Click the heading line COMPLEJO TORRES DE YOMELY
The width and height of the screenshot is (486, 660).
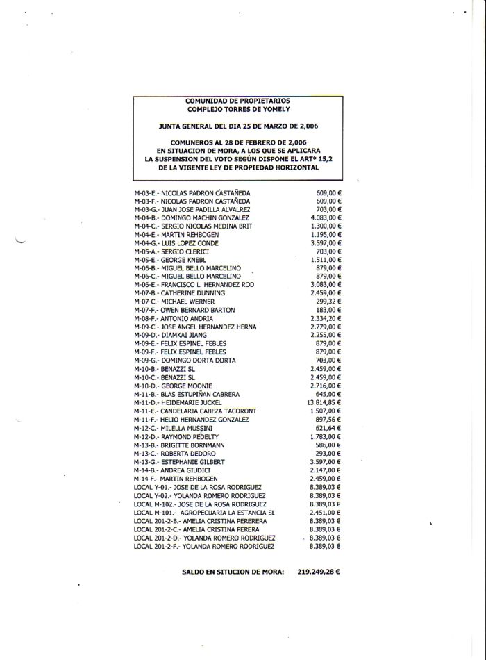238,110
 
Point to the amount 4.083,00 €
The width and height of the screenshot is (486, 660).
328,217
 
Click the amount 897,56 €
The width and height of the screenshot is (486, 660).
331,419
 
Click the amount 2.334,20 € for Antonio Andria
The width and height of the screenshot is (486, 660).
328,318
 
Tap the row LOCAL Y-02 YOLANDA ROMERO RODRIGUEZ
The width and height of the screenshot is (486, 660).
201,495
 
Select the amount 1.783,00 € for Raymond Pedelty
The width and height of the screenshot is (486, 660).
328,436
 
